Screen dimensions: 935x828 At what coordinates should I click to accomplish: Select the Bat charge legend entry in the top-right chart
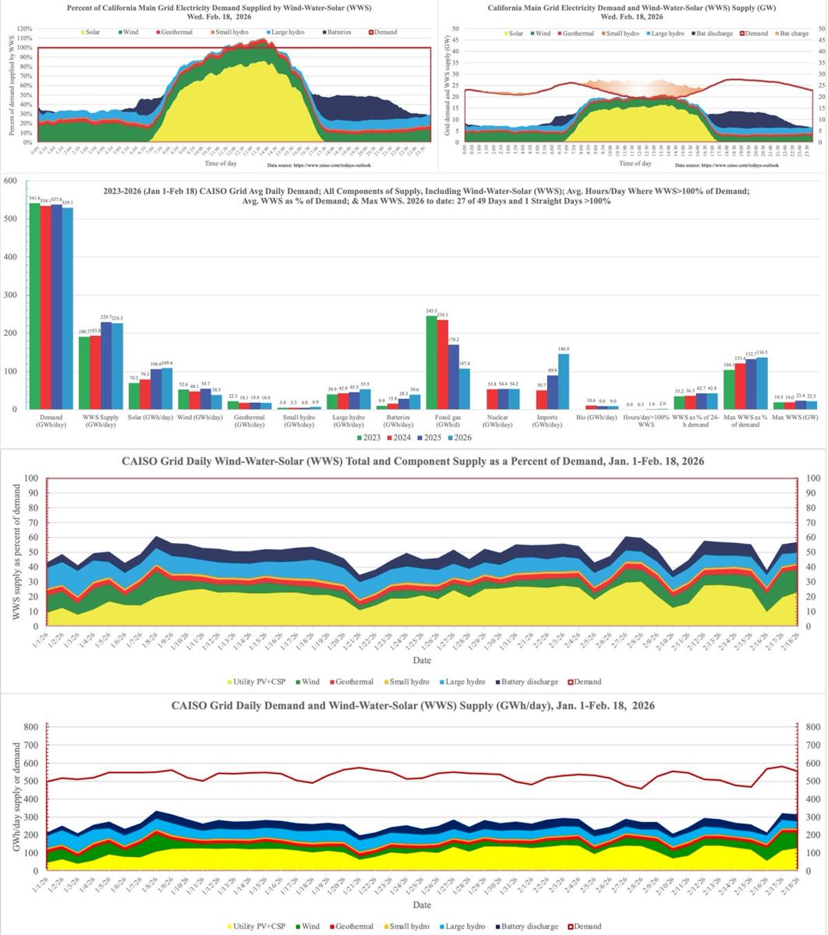[x=793, y=33]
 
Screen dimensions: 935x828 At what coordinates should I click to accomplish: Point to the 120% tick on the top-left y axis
[x=25, y=29]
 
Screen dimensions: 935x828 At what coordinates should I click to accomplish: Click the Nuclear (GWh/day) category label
[x=497, y=421]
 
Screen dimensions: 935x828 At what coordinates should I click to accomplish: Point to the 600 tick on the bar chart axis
[x=10, y=181]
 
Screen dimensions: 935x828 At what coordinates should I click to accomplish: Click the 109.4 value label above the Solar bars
[x=166, y=363]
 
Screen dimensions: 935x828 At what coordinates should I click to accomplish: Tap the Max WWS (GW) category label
[x=795, y=417]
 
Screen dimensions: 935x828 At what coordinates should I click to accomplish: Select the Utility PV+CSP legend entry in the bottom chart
[x=255, y=927]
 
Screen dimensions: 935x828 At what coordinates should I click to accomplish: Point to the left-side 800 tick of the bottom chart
[x=30, y=727]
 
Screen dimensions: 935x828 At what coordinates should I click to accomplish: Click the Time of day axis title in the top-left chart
[x=221, y=164]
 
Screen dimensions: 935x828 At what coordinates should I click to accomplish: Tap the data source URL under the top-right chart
[x=727, y=166]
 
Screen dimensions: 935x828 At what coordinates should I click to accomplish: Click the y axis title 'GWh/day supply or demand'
[x=16, y=797]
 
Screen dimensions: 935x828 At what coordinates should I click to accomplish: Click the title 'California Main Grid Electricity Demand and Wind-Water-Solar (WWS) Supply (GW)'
[x=631, y=8]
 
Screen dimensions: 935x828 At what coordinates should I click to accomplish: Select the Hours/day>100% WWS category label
[x=646, y=421]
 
